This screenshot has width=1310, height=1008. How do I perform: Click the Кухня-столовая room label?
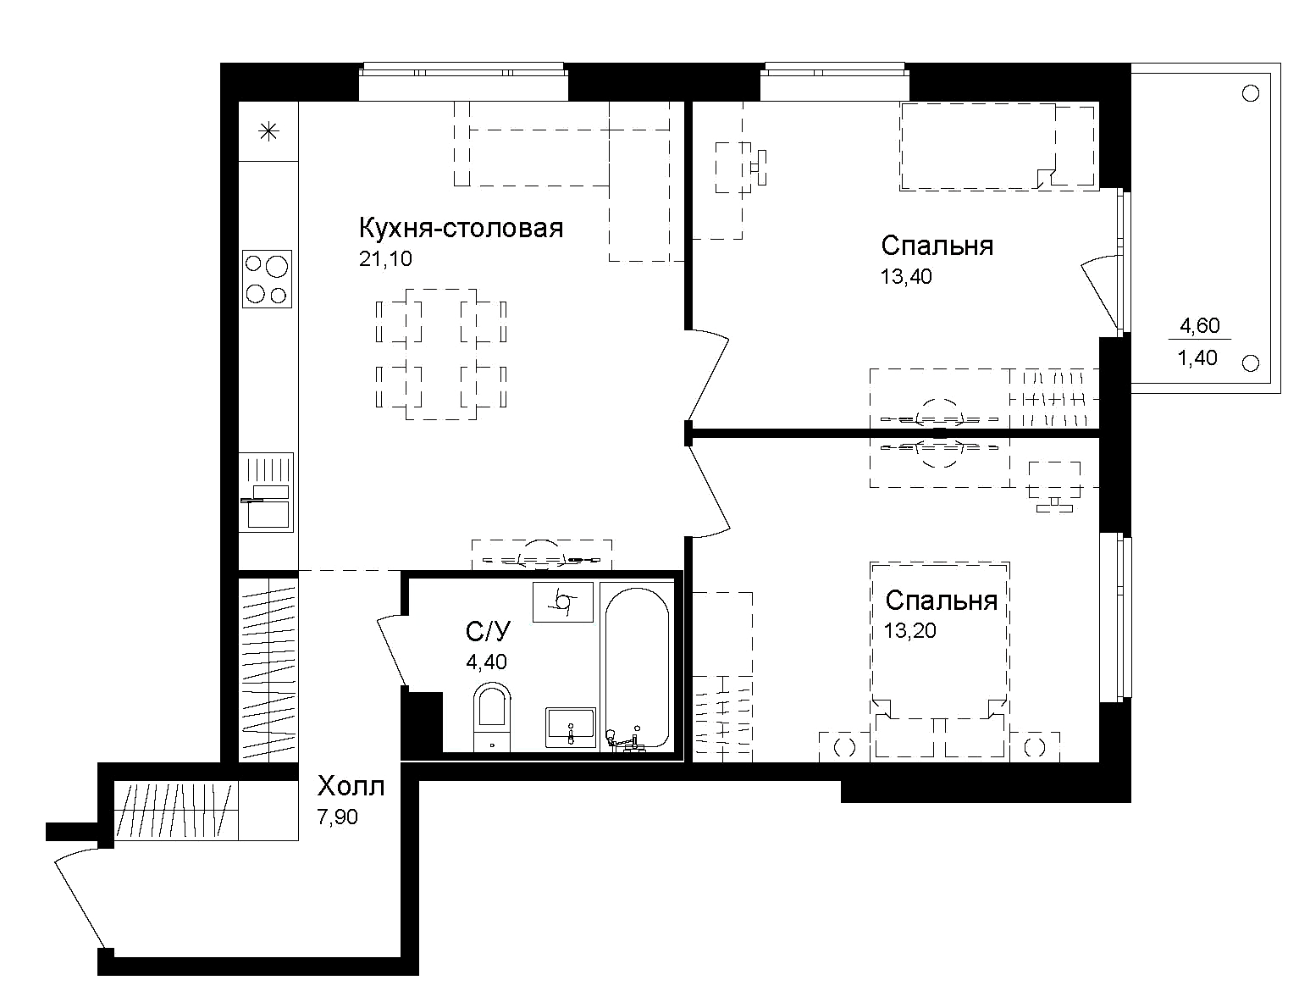(x=462, y=229)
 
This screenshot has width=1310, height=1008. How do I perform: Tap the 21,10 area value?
(x=385, y=259)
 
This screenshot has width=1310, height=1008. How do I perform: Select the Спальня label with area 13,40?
(x=937, y=246)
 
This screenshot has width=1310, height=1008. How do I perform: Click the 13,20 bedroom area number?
(x=910, y=630)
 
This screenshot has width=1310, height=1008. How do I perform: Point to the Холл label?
(x=351, y=787)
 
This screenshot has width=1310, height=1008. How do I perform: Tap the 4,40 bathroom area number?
(x=486, y=662)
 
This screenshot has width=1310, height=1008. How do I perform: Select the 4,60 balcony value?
(x=1199, y=324)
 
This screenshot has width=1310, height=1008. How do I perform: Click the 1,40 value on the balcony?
(x=1198, y=358)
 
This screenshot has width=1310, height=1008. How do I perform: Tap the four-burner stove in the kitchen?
(x=267, y=279)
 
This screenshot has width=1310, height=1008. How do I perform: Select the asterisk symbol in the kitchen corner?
(x=268, y=131)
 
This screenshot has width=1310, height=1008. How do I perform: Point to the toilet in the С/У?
(x=491, y=716)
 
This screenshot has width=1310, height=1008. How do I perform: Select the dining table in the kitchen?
(x=441, y=354)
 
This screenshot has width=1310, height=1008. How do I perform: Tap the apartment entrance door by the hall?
(x=80, y=898)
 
